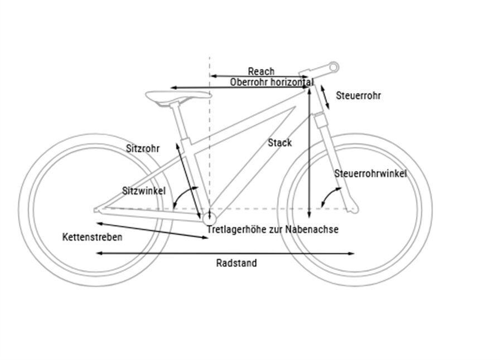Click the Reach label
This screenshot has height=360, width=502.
(x=261, y=71)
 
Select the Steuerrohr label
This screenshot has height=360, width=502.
(x=358, y=95)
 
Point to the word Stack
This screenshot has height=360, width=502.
(x=279, y=143)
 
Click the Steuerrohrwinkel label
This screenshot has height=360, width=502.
(x=370, y=174)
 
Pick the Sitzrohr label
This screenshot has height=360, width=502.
(x=143, y=149)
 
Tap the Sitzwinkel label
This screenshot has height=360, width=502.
(x=144, y=191)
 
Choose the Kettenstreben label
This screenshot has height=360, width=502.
(x=92, y=237)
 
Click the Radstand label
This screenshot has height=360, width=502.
(x=236, y=263)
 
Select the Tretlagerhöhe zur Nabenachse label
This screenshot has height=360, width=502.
(x=272, y=229)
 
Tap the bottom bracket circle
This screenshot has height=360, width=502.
(x=209, y=216)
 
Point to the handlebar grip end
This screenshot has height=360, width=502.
(x=334, y=67)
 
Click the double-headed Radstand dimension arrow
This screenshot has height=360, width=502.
(x=225, y=254)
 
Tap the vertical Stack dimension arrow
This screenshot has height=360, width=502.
(x=308, y=150)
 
